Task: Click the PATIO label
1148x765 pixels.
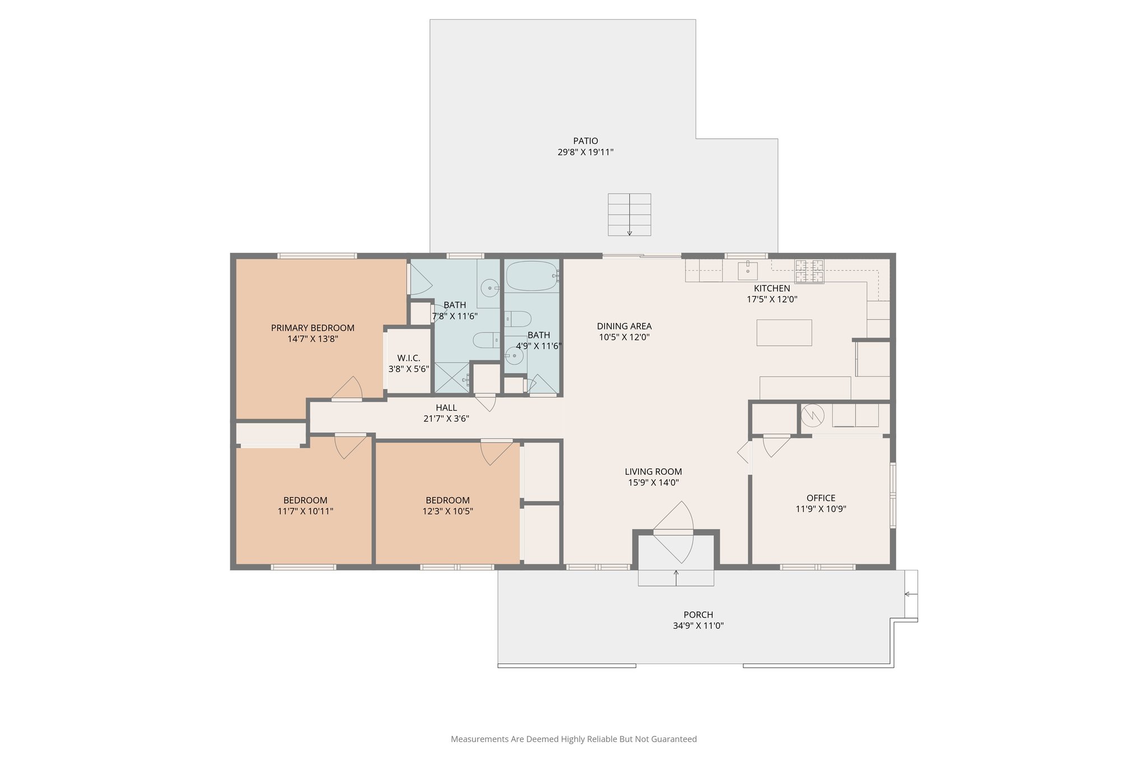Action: pyautogui.click(x=585, y=141)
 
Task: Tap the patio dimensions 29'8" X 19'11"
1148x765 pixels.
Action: pyautogui.click(x=585, y=152)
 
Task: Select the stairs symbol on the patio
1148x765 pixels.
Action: pyautogui.click(x=629, y=215)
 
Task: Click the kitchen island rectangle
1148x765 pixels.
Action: pyautogui.click(x=784, y=332)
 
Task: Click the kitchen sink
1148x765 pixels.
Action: pyautogui.click(x=747, y=270)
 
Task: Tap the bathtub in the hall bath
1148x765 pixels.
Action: pyautogui.click(x=531, y=276)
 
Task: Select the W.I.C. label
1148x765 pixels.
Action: pyautogui.click(x=408, y=358)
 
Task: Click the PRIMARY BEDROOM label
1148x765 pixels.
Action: pyautogui.click(x=312, y=328)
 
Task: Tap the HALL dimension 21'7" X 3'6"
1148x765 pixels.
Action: pyautogui.click(x=446, y=419)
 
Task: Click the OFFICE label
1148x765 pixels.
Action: pyautogui.click(x=821, y=498)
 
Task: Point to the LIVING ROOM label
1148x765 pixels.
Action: pyautogui.click(x=653, y=472)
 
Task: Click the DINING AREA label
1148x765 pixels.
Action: pyautogui.click(x=624, y=326)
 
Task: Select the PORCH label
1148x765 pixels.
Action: pyautogui.click(x=698, y=615)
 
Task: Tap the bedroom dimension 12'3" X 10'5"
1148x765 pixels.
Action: pyautogui.click(x=447, y=511)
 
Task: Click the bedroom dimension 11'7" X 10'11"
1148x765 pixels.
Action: pyautogui.click(x=305, y=511)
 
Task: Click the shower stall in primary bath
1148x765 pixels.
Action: pyautogui.click(x=452, y=378)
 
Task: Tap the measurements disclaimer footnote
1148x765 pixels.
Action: pyautogui.click(x=573, y=739)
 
